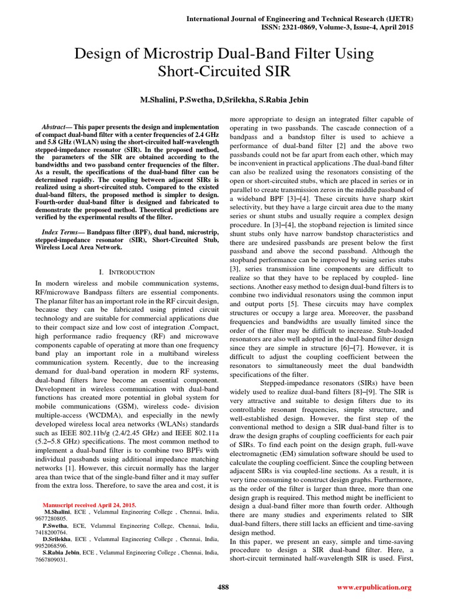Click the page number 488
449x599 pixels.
[x=223, y=587]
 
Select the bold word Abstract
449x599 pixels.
[x=54, y=127]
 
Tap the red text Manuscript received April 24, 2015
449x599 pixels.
[x=90, y=504]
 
